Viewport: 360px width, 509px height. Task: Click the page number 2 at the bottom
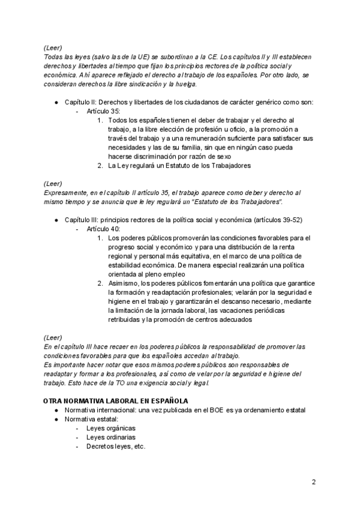[x=313, y=482]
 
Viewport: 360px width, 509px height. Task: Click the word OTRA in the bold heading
[x=53, y=400]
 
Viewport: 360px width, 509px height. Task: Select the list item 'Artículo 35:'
[x=103, y=112]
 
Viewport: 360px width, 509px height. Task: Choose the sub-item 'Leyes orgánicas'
[x=111, y=428]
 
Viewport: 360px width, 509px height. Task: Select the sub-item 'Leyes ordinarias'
[x=111, y=437]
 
